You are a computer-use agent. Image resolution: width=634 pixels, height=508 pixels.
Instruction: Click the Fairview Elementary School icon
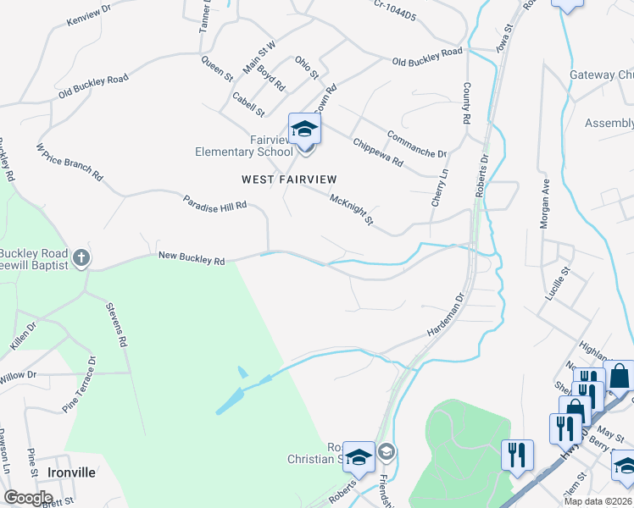tap(305, 130)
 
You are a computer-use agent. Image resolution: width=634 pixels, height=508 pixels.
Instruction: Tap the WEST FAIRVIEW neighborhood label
tap(289, 179)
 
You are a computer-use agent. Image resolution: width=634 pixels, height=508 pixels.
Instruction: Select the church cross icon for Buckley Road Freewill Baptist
tap(81, 257)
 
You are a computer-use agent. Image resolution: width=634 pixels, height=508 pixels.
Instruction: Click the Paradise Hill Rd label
tap(214, 204)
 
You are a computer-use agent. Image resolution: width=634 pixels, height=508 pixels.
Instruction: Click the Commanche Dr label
tap(416, 144)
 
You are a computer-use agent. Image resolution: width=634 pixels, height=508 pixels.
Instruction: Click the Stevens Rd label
tap(116, 325)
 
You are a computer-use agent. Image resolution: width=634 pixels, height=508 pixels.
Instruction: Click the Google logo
tap(28, 498)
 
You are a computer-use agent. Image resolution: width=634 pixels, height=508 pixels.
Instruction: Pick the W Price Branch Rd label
tap(69, 163)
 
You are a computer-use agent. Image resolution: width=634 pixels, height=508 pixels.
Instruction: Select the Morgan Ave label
tap(544, 204)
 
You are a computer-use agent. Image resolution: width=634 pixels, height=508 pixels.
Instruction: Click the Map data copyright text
tap(592, 501)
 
